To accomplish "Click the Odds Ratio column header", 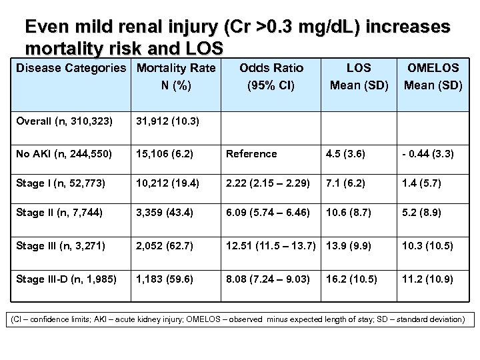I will [x=271, y=76].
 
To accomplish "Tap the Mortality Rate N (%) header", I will [x=175, y=76].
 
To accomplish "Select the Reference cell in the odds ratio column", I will [x=251, y=154].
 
